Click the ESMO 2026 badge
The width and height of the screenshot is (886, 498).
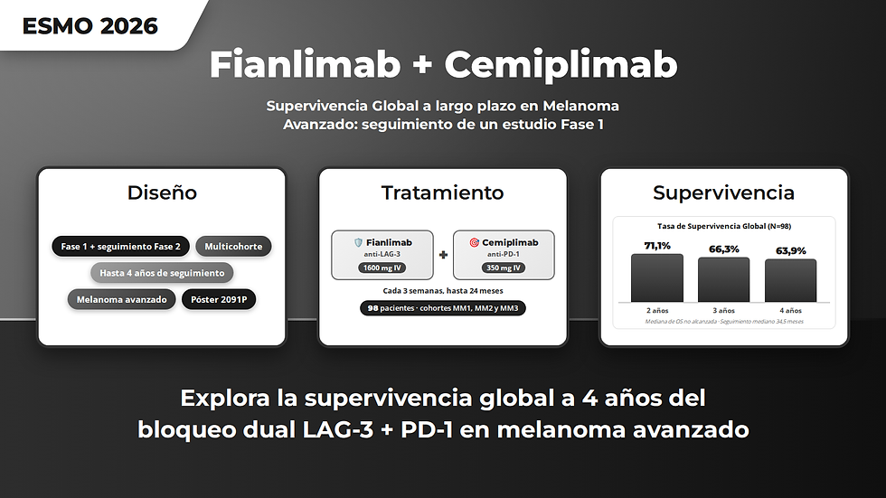[90, 25]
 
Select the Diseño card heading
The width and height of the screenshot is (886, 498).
[162, 193]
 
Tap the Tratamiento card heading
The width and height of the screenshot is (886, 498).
[442, 193]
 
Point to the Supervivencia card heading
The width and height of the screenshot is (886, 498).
[724, 193]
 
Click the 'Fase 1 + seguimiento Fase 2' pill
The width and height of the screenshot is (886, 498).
[121, 246]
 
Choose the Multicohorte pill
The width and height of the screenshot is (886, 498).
[233, 246]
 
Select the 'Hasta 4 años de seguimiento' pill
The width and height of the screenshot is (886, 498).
[162, 273]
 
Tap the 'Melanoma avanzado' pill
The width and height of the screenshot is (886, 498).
[121, 299]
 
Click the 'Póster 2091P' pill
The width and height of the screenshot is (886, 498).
[219, 299]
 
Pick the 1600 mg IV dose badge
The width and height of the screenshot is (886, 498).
[382, 268]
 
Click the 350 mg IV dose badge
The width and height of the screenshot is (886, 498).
[504, 268]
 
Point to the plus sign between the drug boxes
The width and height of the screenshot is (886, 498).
[443, 255]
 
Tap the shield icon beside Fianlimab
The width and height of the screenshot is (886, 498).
[358, 242]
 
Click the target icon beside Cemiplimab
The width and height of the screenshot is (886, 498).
[474, 242]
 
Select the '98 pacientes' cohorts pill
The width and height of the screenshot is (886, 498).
[443, 308]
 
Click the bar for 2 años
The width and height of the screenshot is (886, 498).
[657, 277]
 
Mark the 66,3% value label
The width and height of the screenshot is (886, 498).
[724, 249]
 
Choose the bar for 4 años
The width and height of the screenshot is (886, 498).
[790, 280]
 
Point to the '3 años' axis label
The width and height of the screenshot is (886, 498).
[724, 311]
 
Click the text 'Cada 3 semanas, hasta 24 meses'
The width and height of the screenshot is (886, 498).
[443, 291]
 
